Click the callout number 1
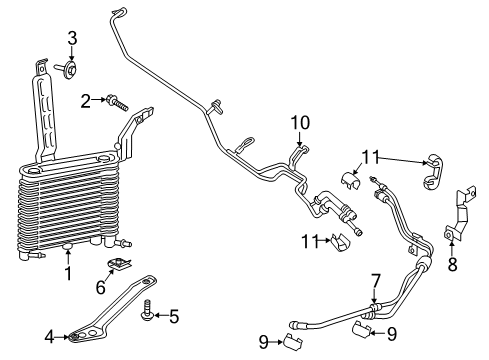point(68,274)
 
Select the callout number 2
point(86,101)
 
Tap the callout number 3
point(72,38)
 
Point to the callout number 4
point(49,337)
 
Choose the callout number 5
point(174,316)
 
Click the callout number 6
point(101,288)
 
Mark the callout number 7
point(376,282)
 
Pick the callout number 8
point(452,264)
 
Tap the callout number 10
point(300,123)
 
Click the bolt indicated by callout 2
point(117,103)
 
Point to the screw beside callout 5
point(146,310)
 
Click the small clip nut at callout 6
point(119,263)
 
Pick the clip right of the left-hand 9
point(292,341)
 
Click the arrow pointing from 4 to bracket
point(62,337)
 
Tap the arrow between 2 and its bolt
point(99,99)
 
